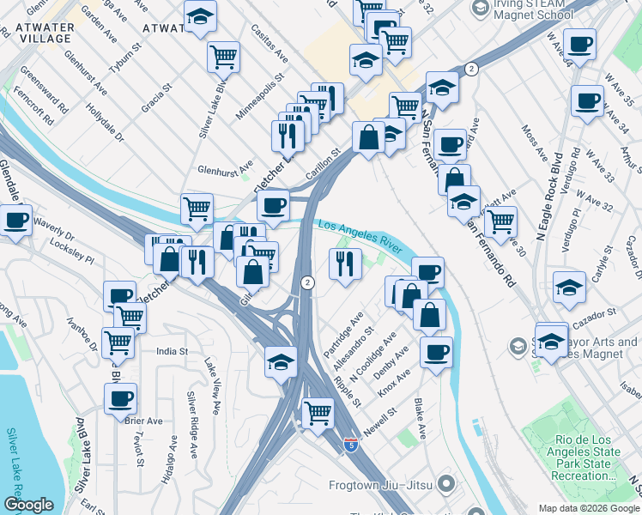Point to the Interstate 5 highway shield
click(x=350, y=445)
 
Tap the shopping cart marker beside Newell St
click(x=318, y=413)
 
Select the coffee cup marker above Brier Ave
click(x=120, y=398)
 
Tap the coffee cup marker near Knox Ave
click(x=436, y=351)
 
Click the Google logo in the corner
click(x=28, y=506)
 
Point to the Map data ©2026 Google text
click(x=588, y=508)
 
